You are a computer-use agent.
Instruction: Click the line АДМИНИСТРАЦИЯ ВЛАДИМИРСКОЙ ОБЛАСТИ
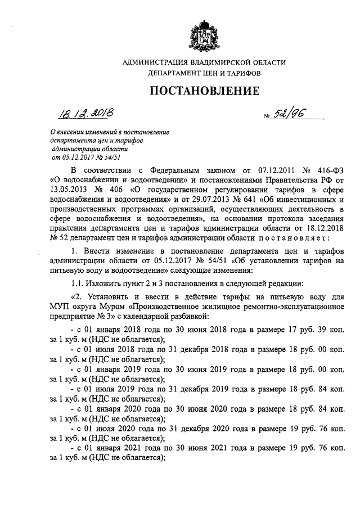[x=204, y=62]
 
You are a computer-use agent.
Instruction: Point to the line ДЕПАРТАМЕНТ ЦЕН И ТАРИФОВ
[x=204, y=73]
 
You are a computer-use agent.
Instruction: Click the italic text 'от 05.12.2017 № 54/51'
[x=83, y=157]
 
